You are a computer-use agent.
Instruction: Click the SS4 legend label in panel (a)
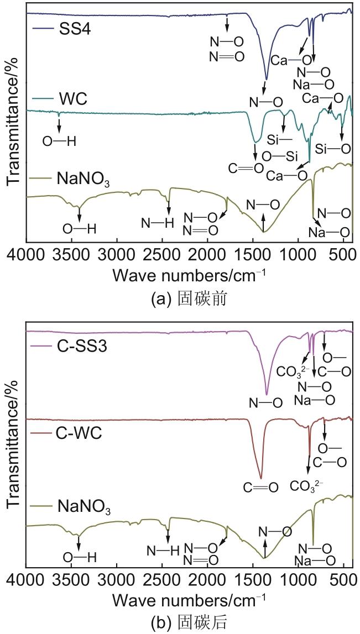(75, 29)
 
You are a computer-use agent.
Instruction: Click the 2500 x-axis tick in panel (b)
(162, 580)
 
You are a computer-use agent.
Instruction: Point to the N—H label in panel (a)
(158, 223)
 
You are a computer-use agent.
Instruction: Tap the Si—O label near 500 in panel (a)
(333, 149)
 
